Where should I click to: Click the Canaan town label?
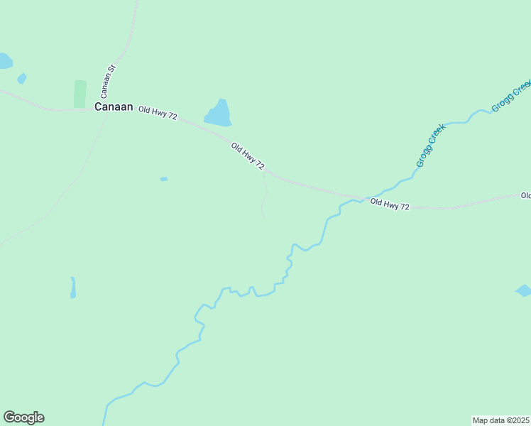(114, 106)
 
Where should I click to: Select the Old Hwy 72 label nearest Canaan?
(158, 111)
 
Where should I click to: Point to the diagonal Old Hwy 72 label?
(248, 156)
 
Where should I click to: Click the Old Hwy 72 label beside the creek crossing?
(390, 205)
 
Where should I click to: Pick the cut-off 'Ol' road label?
(525, 195)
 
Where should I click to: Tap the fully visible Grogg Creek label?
(430, 146)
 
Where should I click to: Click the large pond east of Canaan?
(219, 114)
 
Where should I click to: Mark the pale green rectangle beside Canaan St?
(80, 94)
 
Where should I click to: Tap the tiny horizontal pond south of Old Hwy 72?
(164, 179)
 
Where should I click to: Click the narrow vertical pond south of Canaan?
(72, 288)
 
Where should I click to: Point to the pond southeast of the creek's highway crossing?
(522, 290)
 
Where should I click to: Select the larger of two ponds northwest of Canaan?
(5, 61)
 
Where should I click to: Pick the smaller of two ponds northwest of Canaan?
(22, 78)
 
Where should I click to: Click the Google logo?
(23, 417)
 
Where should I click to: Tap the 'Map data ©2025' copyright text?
(500, 420)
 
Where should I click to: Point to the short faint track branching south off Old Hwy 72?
(264, 195)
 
